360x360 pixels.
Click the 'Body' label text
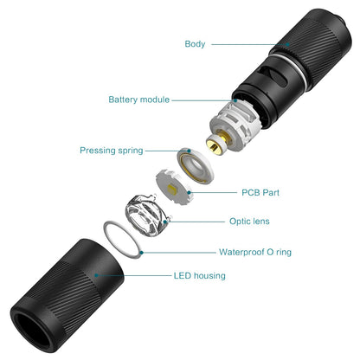(195, 43)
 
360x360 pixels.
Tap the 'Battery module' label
(139, 100)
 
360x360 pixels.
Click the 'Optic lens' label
(249, 222)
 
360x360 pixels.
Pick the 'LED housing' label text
(199, 276)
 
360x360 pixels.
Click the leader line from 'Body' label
(256, 44)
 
